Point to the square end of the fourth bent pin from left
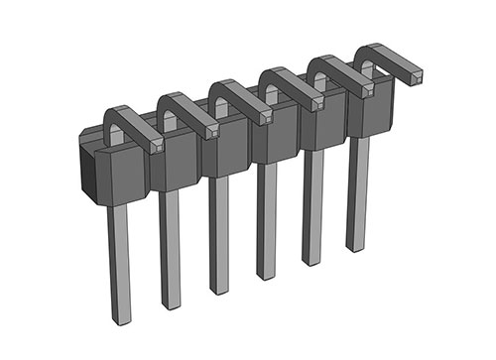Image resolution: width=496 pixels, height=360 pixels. click(317, 102)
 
